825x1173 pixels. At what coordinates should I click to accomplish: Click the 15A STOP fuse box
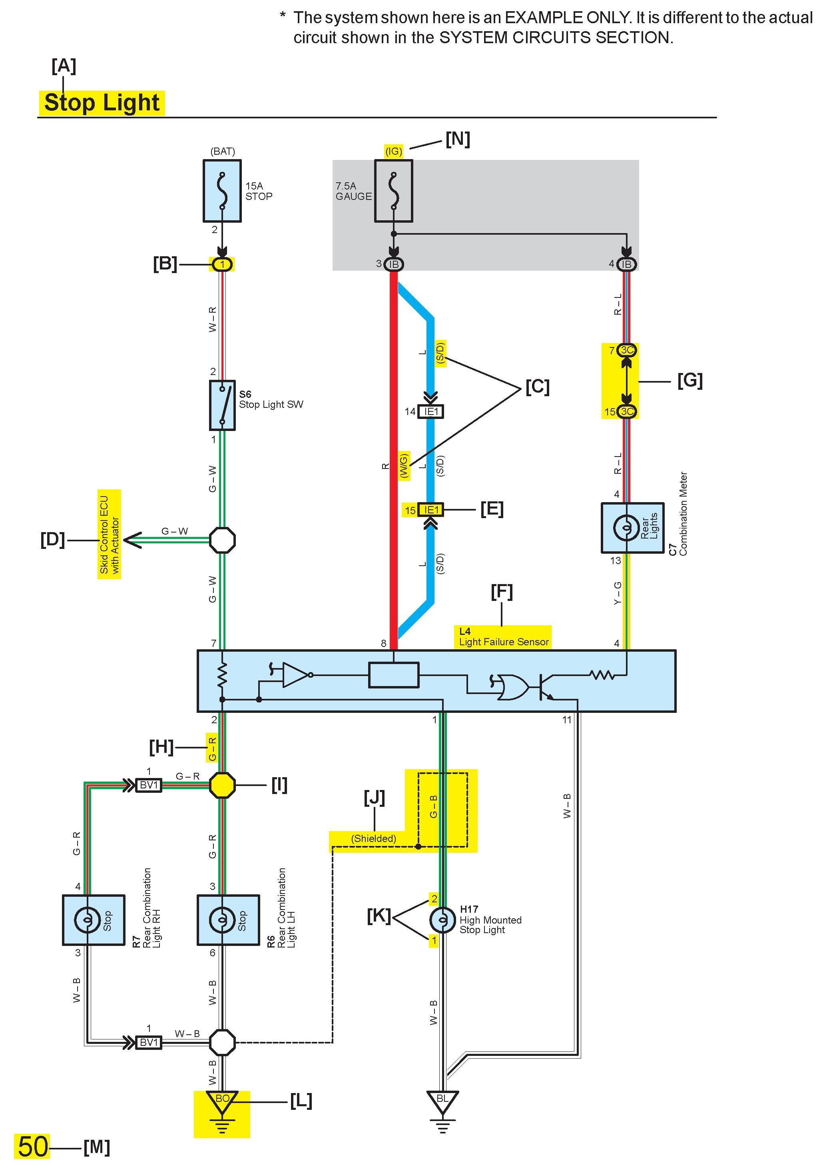pos(222,191)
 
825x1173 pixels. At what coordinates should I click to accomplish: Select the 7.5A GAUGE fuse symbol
pos(393,191)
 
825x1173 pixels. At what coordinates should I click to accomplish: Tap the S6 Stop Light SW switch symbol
pos(222,405)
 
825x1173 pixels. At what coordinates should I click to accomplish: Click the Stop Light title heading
pos(102,102)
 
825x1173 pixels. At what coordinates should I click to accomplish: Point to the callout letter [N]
pos(458,139)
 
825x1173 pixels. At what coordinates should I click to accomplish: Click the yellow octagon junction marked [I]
pos(222,785)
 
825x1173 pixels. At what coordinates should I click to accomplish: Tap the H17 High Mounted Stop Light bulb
pos(442,920)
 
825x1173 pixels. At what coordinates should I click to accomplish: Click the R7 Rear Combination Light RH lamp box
pos(93,920)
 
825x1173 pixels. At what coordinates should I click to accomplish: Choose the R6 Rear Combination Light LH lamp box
pos(228,920)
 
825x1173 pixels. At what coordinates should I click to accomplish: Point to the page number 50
pos(33,1147)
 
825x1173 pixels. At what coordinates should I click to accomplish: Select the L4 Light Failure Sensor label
pos(503,637)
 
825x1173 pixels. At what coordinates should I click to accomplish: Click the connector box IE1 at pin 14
pos(430,412)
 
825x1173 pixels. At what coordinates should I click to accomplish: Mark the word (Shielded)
pos(373,838)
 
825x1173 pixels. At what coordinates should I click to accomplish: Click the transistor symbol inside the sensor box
pos(545,687)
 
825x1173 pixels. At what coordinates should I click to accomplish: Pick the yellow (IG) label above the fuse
pos(393,151)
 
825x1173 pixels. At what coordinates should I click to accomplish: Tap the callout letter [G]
pos(689,381)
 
